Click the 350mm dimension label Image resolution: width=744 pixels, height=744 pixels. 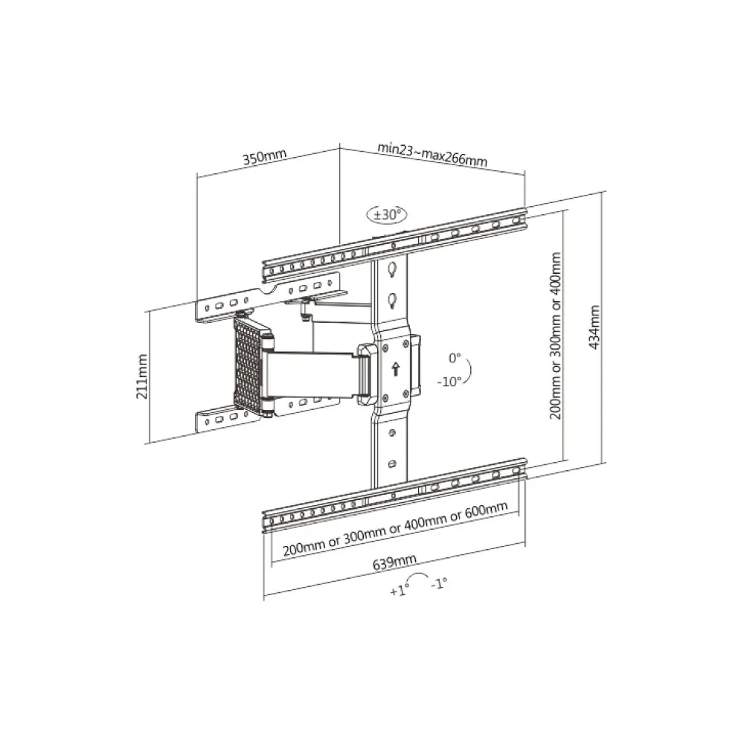[265, 158]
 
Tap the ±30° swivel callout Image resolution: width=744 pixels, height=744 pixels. [387, 214]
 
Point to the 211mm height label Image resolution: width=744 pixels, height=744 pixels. [142, 378]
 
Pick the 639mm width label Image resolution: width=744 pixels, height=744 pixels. [394, 563]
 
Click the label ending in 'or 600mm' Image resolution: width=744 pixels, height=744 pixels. [395, 530]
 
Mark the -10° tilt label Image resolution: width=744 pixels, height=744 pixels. [450, 380]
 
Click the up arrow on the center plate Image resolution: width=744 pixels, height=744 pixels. [395, 367]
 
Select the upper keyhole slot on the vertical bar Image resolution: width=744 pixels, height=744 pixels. [392, 269]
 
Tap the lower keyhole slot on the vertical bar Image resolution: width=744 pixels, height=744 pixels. [392, 300]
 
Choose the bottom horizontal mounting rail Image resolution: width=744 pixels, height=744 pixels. [394, 495]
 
